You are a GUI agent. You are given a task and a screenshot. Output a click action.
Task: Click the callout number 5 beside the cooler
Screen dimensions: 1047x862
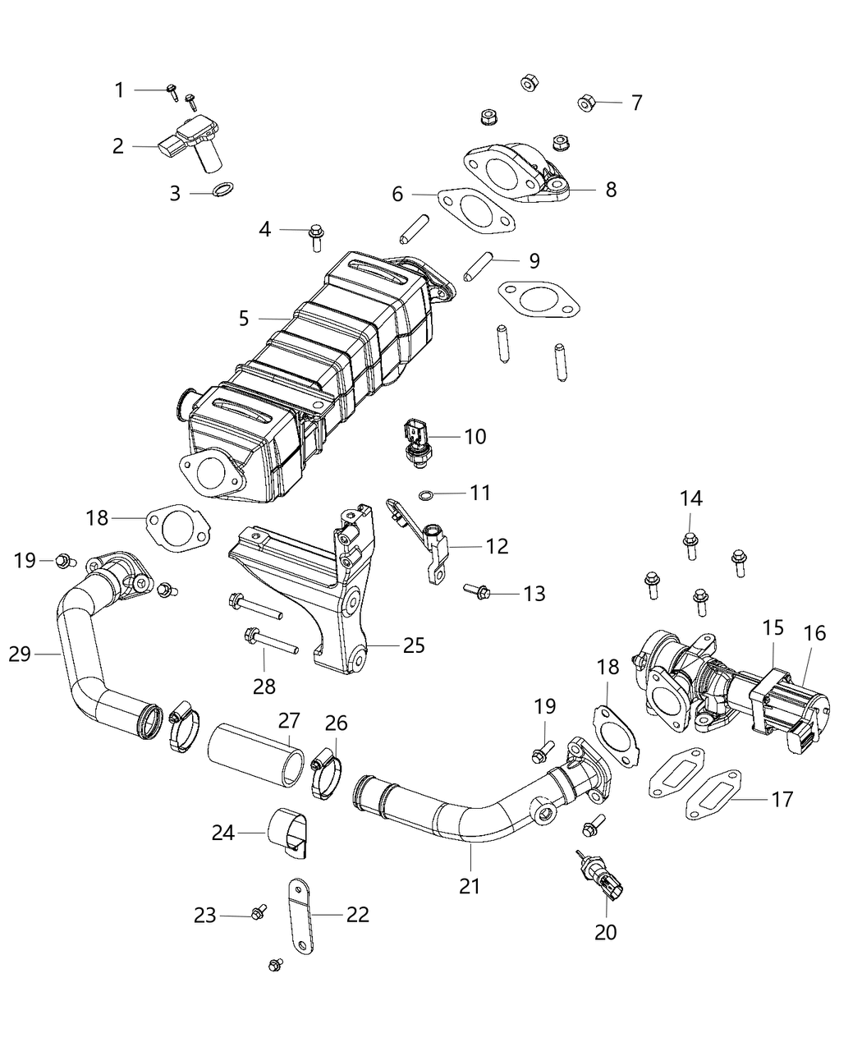click(244, 318)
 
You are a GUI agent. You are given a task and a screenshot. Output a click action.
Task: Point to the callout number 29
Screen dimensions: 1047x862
click(20, 654)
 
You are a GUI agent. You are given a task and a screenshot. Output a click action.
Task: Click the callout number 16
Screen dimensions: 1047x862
click(815, 633)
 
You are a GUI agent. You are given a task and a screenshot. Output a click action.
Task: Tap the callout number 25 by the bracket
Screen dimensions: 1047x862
click(414, 645)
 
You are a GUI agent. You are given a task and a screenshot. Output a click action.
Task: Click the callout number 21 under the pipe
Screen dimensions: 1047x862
click(470, 886)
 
